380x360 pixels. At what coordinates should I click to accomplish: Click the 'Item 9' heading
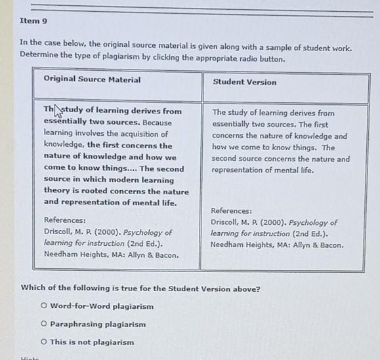(33, 21)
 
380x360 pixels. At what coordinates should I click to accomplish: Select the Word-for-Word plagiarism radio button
(43, 306)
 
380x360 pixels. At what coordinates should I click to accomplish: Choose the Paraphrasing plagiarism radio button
(43, 324)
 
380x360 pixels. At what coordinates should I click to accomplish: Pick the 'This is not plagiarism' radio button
(43, 342)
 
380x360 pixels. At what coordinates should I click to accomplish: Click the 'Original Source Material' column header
(92, 80)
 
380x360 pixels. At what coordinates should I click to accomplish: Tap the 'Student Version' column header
(244, 82)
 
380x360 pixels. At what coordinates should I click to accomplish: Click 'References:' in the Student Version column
(232, 210)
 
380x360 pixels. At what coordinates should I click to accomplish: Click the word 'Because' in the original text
(158, 123)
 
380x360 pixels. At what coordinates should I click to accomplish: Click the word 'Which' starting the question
(33, 289)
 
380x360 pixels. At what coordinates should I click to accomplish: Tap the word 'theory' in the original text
(56, 191)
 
